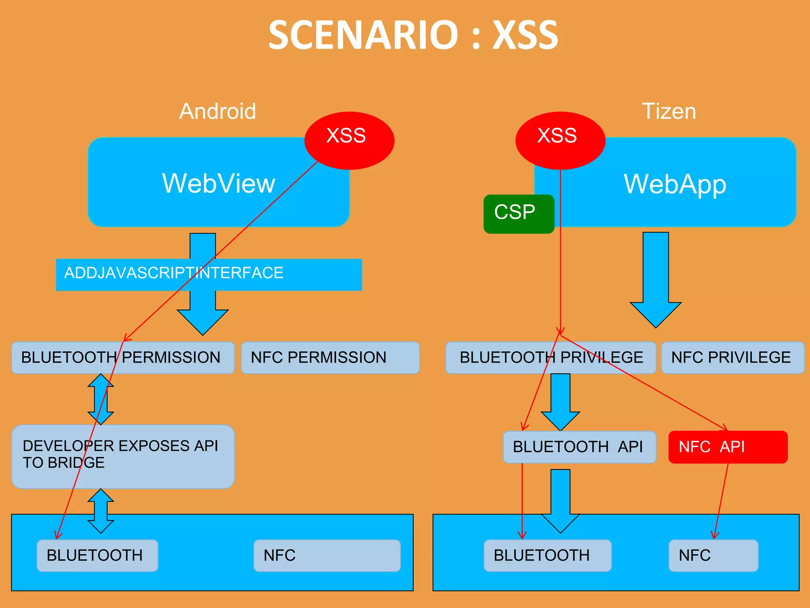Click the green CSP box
(x=518, y=214)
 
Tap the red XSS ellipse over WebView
(x=349, y=140)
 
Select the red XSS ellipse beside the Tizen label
(x=560, y=140)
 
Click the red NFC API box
(x=728, y=447)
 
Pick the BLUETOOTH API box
(x=579, y=447)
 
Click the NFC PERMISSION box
(x=330, y=357)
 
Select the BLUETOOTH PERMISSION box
(x=123, y=357)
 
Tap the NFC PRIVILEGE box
(x=732, y=357)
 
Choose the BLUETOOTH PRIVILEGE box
(x=550, y=357)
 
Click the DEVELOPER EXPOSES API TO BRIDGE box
(x=123, y=456)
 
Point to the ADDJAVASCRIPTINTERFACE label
(x=174, y=273)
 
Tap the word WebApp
(x=675, y=184)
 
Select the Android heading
(x=218, y=111)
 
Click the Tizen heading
(x=668, y=111)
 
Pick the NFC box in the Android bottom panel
(x=327, y=555)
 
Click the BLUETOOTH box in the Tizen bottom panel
(x=547, y=555)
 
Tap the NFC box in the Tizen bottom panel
(x=713, y=555)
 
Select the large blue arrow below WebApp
(x=655, y=281)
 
